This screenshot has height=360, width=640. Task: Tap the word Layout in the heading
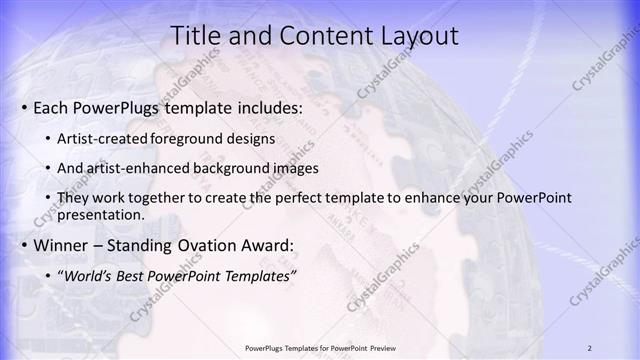click(412, 36)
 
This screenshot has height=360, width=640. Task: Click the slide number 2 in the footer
click(589, 347)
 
